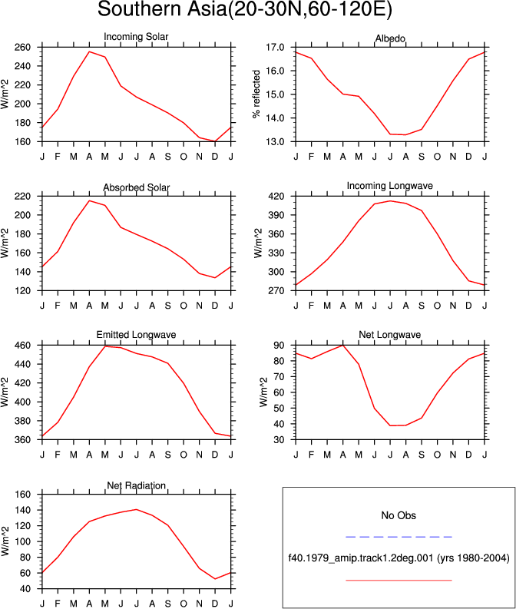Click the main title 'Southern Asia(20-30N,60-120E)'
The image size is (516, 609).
click(245, 9)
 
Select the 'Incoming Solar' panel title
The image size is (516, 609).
click(136, 37)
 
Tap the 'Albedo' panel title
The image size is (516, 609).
click(390, 38)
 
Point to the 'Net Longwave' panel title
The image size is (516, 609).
click(390, 334)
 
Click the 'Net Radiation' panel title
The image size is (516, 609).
click(136, 485)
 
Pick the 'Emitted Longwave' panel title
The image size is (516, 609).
click(136, 334)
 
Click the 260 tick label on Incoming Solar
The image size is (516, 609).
click(22, 48)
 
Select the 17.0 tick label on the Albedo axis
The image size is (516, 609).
click(275, 48)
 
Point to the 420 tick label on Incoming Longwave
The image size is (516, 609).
click(276, 196)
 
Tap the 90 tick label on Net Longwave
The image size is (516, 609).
click(279, 346)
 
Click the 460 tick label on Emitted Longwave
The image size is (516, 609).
click(22, 346)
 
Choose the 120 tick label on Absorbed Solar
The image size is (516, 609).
click(22, 290)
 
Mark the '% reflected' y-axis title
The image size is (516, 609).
click(256, 94)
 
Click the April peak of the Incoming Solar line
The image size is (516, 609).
click(89, 51)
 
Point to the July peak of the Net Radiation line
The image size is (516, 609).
click(136, 510)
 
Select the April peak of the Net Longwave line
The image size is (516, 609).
click(342, 346)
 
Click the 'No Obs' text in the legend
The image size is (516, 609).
click(399, 515)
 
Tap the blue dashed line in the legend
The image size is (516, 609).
click(399, 537)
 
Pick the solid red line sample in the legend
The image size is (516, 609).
click(399, 581)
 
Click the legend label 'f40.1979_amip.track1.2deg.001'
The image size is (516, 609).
click(361, 558)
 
